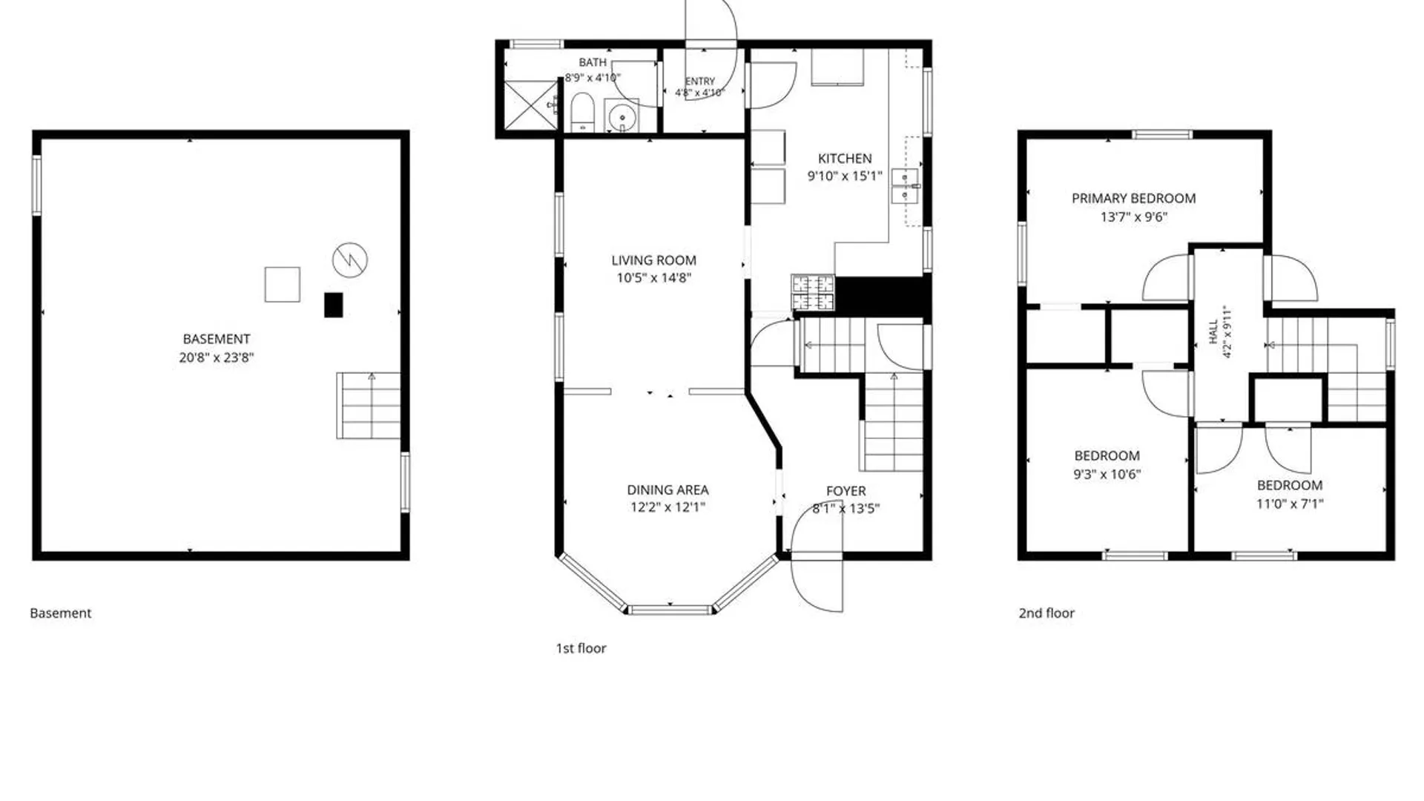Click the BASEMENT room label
217,339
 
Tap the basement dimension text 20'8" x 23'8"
217,357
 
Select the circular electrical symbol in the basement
350,260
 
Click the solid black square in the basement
334,305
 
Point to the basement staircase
369,406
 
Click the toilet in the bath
582,113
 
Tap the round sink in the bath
623,116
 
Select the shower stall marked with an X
531,105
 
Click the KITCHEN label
845,159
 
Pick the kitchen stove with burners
813,293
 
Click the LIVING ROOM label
653,260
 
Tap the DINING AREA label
667,489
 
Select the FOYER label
846,491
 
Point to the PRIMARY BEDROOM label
1133,198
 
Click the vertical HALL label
1213,332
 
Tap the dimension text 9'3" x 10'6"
1107,475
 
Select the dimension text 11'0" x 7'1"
1290,504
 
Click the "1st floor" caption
581,648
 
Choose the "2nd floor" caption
1046,613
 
